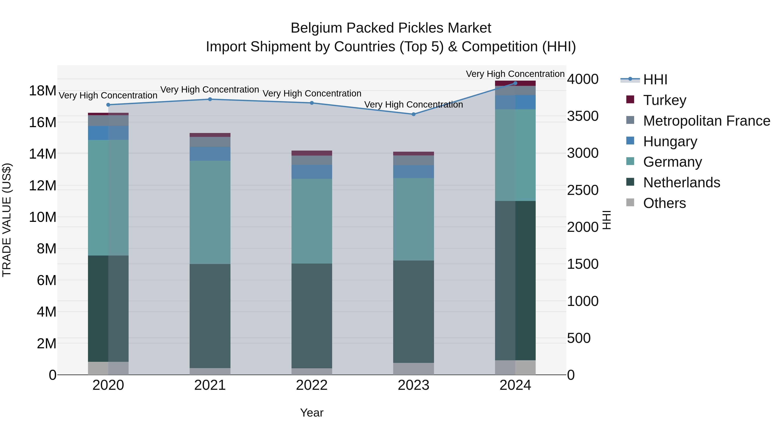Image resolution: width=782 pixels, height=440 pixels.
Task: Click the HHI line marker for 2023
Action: [x=413, y=114]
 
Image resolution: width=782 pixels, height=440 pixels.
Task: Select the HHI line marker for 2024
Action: [x=515, y=83]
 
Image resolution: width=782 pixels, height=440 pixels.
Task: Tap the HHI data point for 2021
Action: [x=210, y=99]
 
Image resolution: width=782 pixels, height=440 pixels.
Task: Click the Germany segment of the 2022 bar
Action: [x=311, y=221]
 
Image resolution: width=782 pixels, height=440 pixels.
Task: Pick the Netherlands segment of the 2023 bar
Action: [x=413, y=312]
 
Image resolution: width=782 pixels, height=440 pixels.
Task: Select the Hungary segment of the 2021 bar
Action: [x=210, y=154]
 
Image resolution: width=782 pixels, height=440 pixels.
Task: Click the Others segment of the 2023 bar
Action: [x=413, y=369]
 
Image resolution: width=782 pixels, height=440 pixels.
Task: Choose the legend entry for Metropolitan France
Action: [x=706, y=121]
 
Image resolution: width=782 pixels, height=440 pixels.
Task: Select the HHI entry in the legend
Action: [x=655, y=80]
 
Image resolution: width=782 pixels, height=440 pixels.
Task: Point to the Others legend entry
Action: [x=664, y=203]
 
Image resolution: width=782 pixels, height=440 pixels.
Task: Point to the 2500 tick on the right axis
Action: [x=583, y=190]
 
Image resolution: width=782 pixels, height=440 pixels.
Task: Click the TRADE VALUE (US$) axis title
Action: [x=7, y=220]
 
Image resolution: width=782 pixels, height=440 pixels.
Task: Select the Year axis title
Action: [x=311, y=413]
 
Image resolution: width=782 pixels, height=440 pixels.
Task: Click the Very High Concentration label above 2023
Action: [x=413, y=105]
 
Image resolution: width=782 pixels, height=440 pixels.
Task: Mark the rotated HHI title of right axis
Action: [x=606, y=220]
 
